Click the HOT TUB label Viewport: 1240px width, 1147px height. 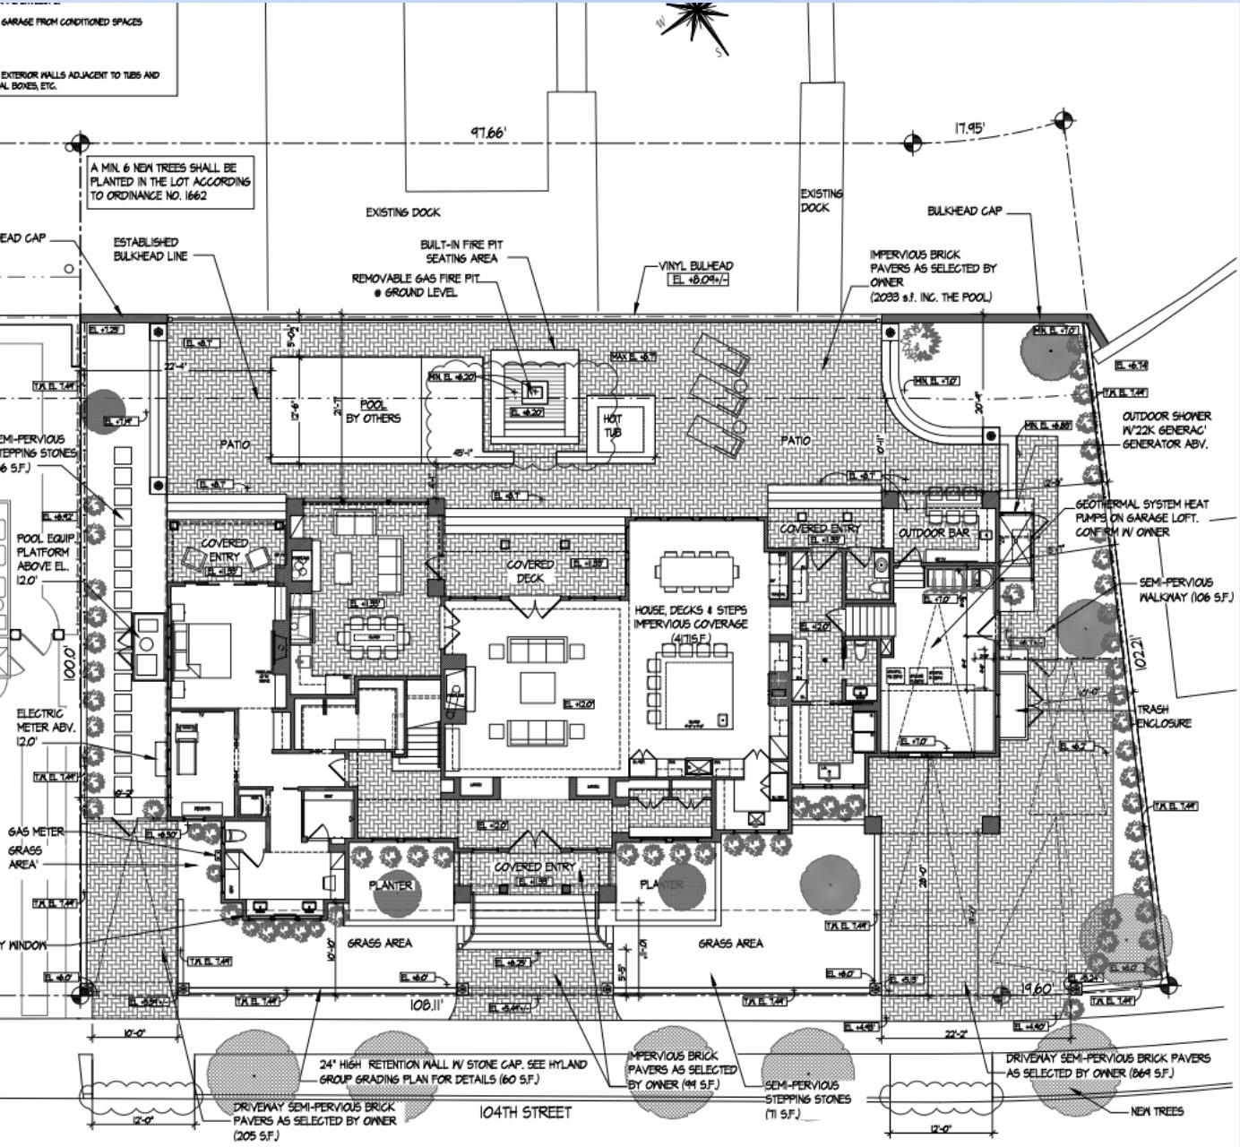[x=613, y=426]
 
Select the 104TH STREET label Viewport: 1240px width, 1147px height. [x=525, y=1112]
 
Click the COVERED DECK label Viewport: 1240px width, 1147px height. [x=530, y=572]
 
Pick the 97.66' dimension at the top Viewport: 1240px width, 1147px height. [x=489, y=133]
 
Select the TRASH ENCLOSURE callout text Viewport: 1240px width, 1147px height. [x=1164, y=716]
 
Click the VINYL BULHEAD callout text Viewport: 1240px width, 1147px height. [x=696, y=266]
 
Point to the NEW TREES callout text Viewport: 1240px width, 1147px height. [x=1157, y=1111]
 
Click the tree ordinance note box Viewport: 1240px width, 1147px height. [x=170, y=182]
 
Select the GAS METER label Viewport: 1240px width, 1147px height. [x=36, y=832]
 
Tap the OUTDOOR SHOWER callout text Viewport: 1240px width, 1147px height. [x=1166, y=430]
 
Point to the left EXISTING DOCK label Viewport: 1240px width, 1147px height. [x=403, y=212]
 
